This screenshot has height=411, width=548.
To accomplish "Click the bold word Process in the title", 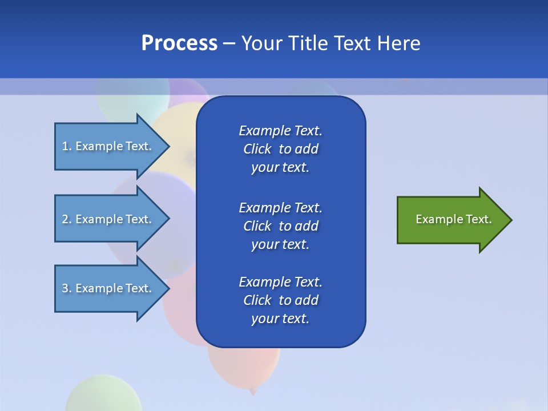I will (x=179, y=43).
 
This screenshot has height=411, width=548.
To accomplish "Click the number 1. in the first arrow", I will (x=67, y=146).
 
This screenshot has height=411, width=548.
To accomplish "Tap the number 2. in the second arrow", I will (x=67, y=219).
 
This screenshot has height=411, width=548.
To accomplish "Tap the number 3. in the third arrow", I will (x=67, y=288).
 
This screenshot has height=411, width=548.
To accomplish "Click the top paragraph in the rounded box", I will (x=280, y=149).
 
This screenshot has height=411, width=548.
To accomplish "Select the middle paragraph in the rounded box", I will (x=280, y=225).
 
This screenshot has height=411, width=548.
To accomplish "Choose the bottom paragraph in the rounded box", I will (x=280, y=300).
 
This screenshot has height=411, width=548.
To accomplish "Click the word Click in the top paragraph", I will (x=257, y=149).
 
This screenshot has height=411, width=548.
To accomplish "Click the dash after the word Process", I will (x=229, y=43).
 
